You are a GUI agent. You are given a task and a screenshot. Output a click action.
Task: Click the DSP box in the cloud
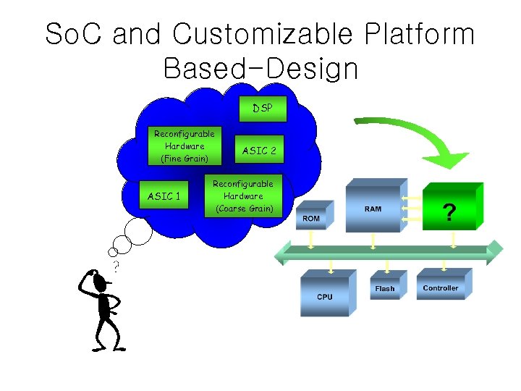(263, 109)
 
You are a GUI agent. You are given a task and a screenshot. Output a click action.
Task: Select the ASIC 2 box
(259, 151)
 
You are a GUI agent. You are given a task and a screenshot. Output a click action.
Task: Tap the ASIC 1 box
(164, 196)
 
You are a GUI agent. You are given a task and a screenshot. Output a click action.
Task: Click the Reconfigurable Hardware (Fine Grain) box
(185, 146)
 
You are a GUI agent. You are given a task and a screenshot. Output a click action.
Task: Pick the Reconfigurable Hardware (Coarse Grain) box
(242, 196)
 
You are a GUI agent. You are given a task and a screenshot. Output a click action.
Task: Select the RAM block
(373, 209)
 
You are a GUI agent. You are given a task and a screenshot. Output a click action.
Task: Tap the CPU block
(326, 295)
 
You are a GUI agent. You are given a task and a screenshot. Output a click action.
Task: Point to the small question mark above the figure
(117, 266)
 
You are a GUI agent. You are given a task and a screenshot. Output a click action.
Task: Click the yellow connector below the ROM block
(311, 238)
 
